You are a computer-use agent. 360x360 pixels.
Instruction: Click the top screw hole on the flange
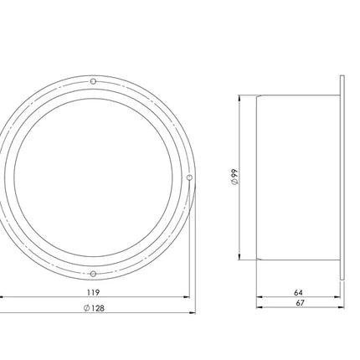[x=94, y=81]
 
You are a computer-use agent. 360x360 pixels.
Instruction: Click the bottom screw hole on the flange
[x=94, y=274]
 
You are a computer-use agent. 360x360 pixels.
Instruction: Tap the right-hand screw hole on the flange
[x=189, y=177]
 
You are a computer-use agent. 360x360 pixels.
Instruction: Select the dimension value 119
[x=93, y=292]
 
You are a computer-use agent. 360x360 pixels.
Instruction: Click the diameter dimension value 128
[x=97, y=308]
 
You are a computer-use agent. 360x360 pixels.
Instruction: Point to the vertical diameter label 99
[x=234, y=173]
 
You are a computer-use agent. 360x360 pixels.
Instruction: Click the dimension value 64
[x=298, y=293]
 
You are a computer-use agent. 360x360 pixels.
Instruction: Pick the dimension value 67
[x=300, y=303]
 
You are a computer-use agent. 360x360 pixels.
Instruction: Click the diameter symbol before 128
[x=86, y=308]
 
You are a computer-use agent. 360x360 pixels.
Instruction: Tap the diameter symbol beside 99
[x=234, y=182]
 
